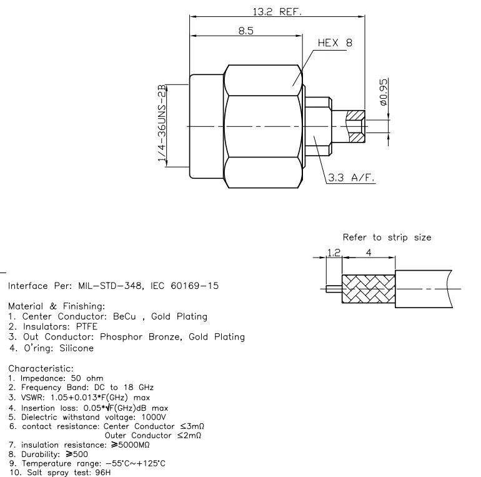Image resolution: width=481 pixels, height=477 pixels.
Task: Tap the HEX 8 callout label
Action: [x=335, y=44]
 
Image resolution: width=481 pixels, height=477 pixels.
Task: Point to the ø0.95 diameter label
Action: [x=384, y=93]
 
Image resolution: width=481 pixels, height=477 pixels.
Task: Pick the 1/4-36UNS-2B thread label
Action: [x=163, y=126]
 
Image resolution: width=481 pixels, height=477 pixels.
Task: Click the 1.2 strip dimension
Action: [x=334, y=253]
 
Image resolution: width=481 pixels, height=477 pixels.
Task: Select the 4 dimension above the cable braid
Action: [x=369, y=253]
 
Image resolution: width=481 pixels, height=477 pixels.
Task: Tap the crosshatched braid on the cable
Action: [x=369, y=288]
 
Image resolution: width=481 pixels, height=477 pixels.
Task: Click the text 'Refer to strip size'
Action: [x=386, y=238]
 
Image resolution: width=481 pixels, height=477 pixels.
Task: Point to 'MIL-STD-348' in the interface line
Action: [x=104, y=286]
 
